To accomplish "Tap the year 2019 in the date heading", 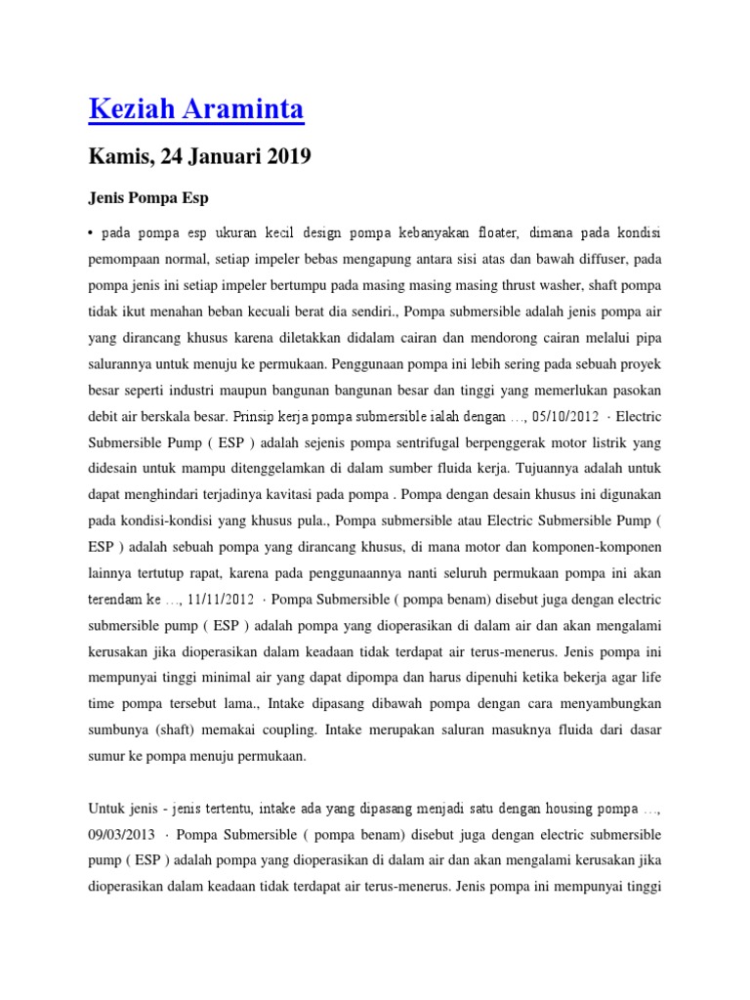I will (x=285, y=156).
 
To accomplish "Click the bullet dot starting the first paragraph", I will (x=91, y=234).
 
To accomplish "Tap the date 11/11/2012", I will (x=219, y=597).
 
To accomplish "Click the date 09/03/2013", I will (x=121, y=835).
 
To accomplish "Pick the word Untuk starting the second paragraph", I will (x=107, y=810).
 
